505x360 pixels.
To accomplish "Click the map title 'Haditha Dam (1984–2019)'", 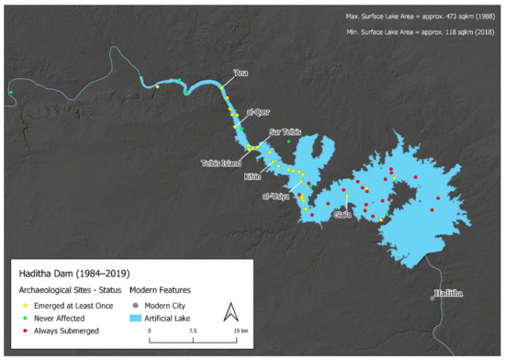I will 69,273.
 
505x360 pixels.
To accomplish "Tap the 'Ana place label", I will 241,72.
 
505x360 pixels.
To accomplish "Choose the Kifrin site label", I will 252,176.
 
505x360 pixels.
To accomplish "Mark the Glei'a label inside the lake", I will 342,215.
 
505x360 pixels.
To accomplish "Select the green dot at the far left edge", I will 10,92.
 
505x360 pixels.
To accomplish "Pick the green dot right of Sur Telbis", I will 288,141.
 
